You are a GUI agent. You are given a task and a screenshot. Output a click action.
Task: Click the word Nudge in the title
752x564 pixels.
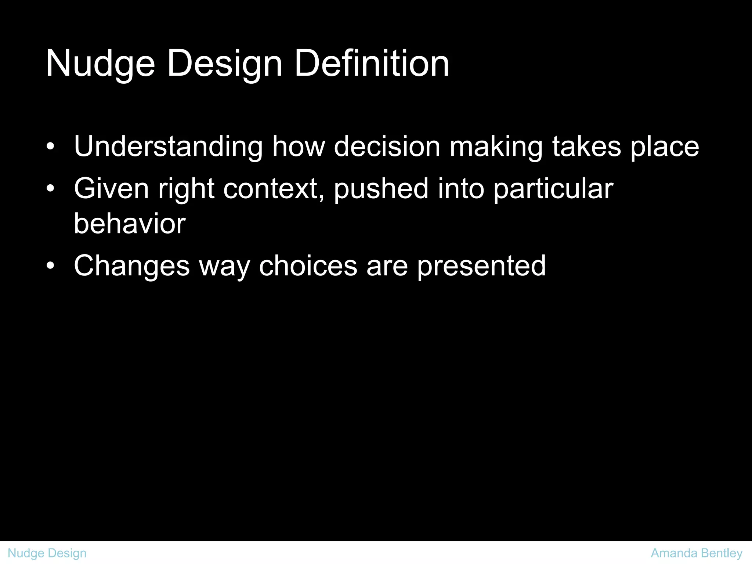pos(100,64)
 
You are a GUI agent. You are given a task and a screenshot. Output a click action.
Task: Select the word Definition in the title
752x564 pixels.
pos(372,64)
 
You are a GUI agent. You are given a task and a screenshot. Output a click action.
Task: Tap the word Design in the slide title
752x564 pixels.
pos(225,64)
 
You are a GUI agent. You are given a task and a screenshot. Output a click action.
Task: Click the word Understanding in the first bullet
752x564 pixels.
pos(168,147)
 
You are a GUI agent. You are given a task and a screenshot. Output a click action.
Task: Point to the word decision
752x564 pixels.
pos(387,147)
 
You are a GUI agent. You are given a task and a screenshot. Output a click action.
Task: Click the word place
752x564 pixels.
pos(665,147)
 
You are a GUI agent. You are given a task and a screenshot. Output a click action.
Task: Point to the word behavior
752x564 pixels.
pos(130,224)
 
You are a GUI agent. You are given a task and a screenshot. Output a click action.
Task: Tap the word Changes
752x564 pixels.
pos(132,266)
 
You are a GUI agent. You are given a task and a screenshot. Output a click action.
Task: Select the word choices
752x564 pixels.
pos(308,266)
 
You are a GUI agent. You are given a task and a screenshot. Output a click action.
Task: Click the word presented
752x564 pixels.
pos(481,266)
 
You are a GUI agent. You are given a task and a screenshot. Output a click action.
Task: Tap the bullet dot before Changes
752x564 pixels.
pos(51,266)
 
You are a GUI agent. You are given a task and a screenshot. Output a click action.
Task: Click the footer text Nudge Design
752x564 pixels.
pos(47,553)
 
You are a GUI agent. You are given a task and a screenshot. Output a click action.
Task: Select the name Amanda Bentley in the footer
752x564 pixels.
pos(697,553)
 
